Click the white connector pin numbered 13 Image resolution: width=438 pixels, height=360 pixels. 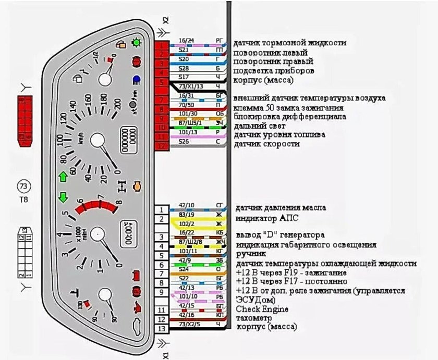pos(162,329)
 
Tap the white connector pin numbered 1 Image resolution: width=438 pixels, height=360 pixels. pos(162,210)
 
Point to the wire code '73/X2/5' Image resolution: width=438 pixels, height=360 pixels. pos(189,324)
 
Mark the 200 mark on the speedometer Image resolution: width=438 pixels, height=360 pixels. pos(115,104)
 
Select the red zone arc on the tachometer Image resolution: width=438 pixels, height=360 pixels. pos(97,206)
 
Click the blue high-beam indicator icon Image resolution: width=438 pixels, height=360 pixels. pos(136,79)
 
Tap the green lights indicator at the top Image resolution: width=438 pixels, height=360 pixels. pos(136,42)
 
